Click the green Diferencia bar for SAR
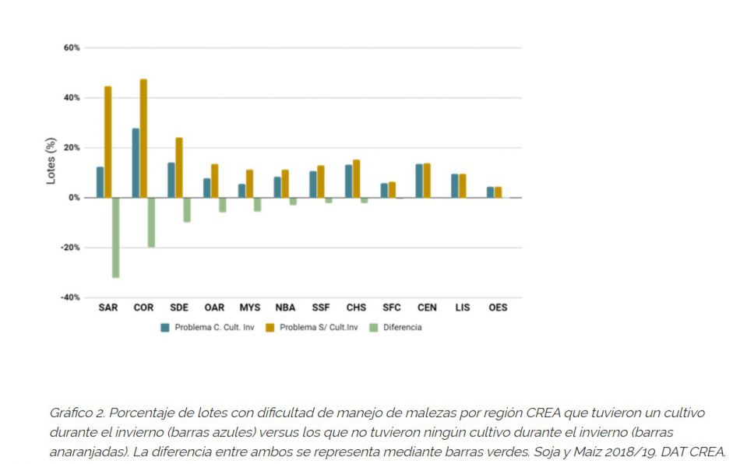click(115, 237)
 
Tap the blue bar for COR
click(136, 163)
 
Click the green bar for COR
click(151, 223)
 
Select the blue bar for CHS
click(349, 181)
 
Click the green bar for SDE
click(187, 210)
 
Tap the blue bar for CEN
click(419, 181)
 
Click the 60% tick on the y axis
click(72, 48)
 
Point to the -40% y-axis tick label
click(71, 297)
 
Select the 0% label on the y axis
click(73, 198)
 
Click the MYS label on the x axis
click(250, 308)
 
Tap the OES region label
click(498, 308)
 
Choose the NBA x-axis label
click(285, 308)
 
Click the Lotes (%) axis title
click(51, 160)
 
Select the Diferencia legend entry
click(402, 328)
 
